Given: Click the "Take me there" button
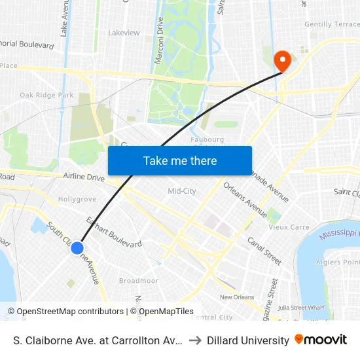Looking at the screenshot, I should tap(180, 160).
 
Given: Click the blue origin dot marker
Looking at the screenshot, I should tap(77, 247).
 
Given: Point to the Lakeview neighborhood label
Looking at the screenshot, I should tap(124, 32).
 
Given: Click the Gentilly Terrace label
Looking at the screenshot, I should tap(332, 24).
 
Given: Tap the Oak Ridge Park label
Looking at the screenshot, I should tap(46, 95).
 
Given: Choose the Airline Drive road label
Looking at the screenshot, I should tap(84, 177).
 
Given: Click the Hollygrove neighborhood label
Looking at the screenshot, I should tap(77, 198).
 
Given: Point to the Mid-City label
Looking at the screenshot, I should tap(182, 191).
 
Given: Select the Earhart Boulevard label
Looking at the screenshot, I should tap(114, 232).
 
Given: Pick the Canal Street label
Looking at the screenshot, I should tap(264, 251).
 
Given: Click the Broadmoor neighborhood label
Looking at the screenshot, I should tap(138, 281).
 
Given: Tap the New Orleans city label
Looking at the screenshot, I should tap(236, 297).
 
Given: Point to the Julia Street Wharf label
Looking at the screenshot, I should tap(302, 307).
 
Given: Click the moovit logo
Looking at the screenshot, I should tap(321, 340).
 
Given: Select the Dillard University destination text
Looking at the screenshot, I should tap(248, 340).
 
